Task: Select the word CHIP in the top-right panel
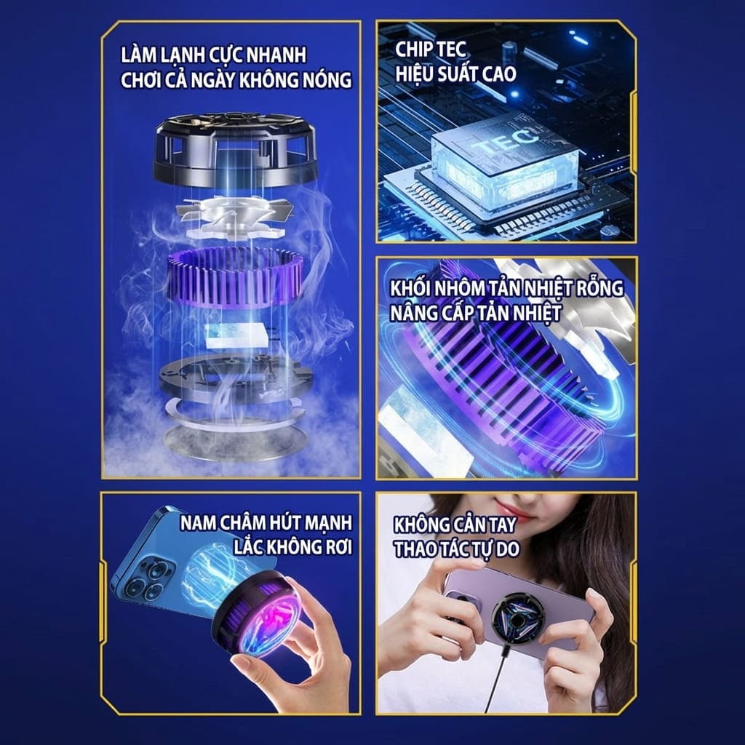click(x=413, y=49)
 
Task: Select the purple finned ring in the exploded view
click(x=235, y=276)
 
